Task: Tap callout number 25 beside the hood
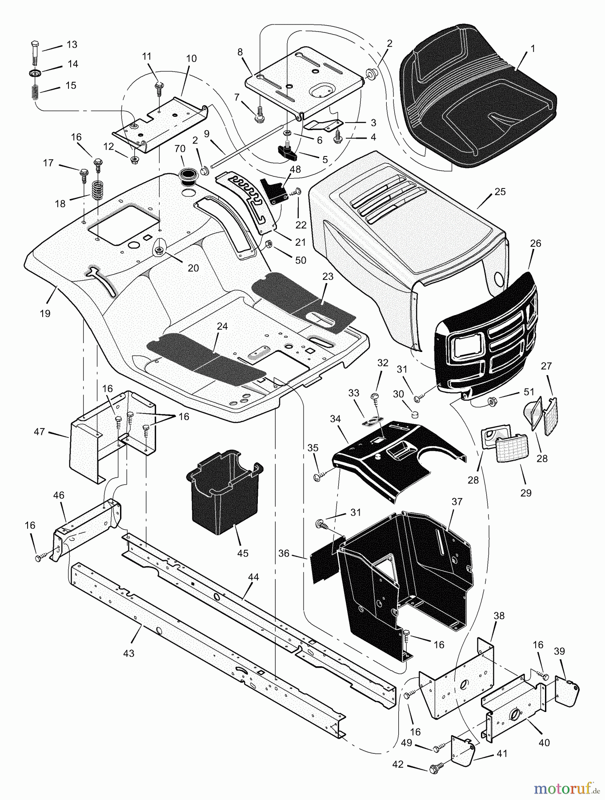click(500, 192)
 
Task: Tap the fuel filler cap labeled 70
click(188, 173)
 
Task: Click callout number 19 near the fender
click(45, 313)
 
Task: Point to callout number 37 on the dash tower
click(457, 501)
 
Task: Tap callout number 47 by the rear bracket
click(40, 431)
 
